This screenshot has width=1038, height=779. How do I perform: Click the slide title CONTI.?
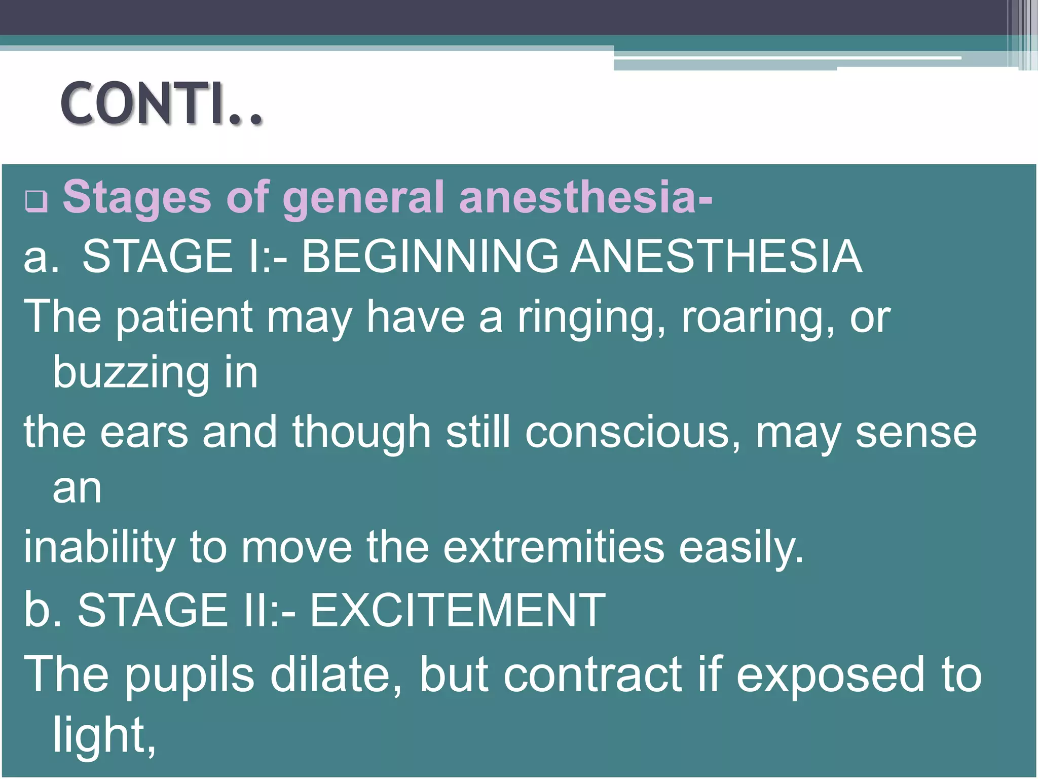[161, 104]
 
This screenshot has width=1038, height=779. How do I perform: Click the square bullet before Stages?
[36, 201]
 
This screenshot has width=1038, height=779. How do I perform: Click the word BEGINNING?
[430, 257]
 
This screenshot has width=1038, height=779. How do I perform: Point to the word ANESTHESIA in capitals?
[716, 257]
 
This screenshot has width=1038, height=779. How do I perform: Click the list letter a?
[41, 258]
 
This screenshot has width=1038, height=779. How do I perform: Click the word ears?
[144, 433]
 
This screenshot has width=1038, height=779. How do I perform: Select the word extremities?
[553, 548]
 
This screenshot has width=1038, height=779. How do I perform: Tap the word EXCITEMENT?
[457, 610]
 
